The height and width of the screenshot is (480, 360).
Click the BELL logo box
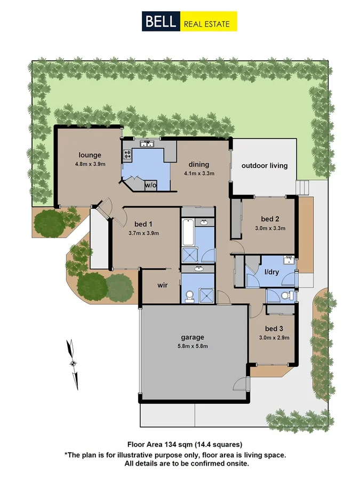161,22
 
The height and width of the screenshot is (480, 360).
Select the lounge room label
90,155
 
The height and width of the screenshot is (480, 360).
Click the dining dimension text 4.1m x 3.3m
199,173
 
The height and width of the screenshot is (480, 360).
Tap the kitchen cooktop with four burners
127,155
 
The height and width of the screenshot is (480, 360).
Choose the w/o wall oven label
151,185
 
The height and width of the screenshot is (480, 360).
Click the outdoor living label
265,165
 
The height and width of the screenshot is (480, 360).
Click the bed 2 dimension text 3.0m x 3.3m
270,228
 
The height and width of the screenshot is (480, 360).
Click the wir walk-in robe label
163,285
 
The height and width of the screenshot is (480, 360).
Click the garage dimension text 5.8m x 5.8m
193,346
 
